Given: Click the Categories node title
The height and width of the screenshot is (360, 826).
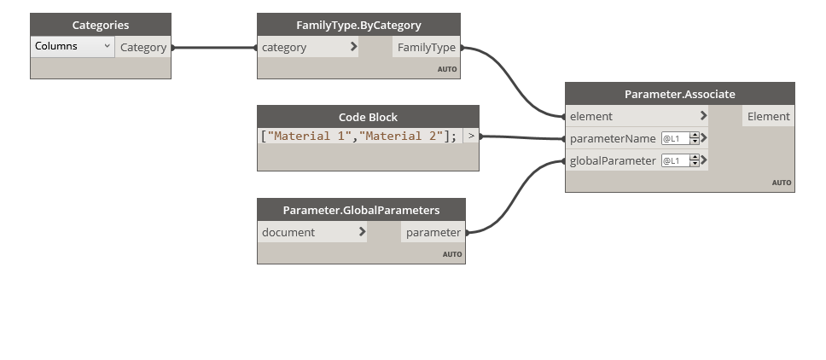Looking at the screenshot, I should (x=101, y=26).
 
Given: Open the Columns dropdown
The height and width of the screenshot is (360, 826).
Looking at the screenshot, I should (x=73, y=47).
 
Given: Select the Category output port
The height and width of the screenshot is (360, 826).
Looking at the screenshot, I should (x=143, y=48).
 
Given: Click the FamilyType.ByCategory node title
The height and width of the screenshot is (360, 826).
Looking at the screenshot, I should (x=358, y=26).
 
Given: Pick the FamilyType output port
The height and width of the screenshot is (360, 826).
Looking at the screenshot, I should (x=427, y=48).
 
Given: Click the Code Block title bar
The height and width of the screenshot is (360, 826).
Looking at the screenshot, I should (x=368, y=117).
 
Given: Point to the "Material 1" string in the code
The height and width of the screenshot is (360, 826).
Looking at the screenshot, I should (x=310, y=136).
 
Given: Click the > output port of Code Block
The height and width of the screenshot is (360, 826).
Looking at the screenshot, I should (x=471, y=136).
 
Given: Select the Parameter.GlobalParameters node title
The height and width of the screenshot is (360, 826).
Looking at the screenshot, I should (x=361, y=210).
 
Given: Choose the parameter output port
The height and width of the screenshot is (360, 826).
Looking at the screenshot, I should (x=433, y=232).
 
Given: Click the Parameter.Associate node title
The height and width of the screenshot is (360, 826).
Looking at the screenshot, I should (x=679, y=94).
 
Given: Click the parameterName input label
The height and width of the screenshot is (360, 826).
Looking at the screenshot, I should (x=613, y=138).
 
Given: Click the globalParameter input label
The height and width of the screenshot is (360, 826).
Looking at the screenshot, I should (x=613, y=160).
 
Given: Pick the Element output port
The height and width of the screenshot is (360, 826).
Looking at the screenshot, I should (x=768, y=116).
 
